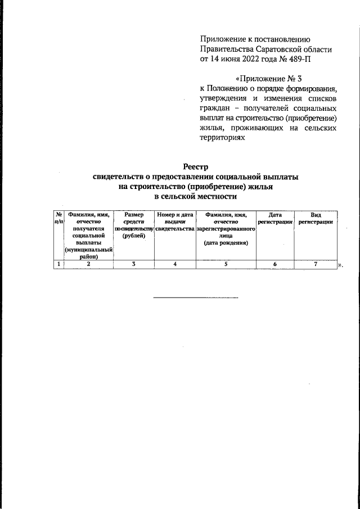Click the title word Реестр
(x=196, y=166)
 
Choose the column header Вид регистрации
(x=316, y=219)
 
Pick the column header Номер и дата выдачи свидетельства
(x=175, y=222)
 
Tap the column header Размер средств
(x=134, y=219)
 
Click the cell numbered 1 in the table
(x=58, y=264)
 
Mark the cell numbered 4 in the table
(x=175, y=264)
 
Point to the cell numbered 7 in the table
(x=316, y=264)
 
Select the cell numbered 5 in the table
(x=226, y=264)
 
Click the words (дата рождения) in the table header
(x=226, y=244)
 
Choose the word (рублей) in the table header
(x=134, y=236)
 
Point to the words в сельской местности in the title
(x=196, y=197)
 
